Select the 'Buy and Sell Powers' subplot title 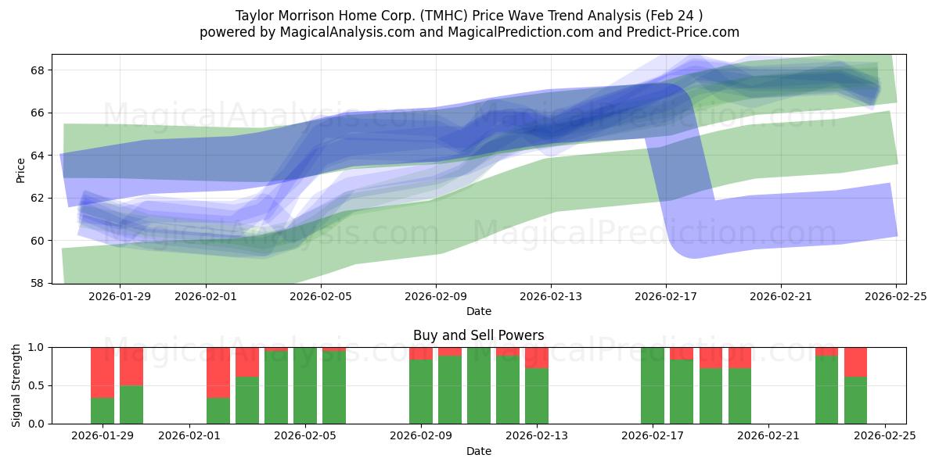tap(479, 335)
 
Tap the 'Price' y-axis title tap(20, 169)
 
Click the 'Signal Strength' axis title tap(16, 385)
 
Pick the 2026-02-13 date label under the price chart tap(551, 296)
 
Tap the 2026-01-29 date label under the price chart tap(119, 296)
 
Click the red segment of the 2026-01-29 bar tap(103, 372)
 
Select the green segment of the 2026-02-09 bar tap(421, 392)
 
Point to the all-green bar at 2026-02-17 tap(653, 385)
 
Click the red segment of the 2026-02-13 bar tap(537, 357)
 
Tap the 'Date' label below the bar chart tap(479, 451)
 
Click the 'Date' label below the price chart tap(479, 311)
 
